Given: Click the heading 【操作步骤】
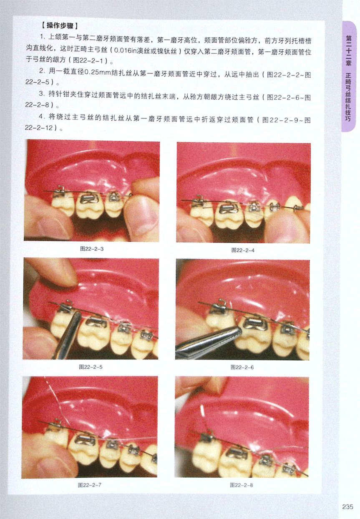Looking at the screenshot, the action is click(60, 25).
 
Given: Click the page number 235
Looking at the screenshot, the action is click(347, 506).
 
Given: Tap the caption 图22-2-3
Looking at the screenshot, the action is click(92, 249).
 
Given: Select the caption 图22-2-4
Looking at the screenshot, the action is click(243, 250).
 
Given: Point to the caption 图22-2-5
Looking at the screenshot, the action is click(91, 367).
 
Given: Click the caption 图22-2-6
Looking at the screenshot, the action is click(242, 367).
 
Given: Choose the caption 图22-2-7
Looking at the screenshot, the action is click(90, 485).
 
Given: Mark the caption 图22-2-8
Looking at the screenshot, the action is click(241, 485).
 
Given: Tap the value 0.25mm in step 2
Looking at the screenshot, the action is click(97, 72).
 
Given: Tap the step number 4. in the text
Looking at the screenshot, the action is click(41, 117).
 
